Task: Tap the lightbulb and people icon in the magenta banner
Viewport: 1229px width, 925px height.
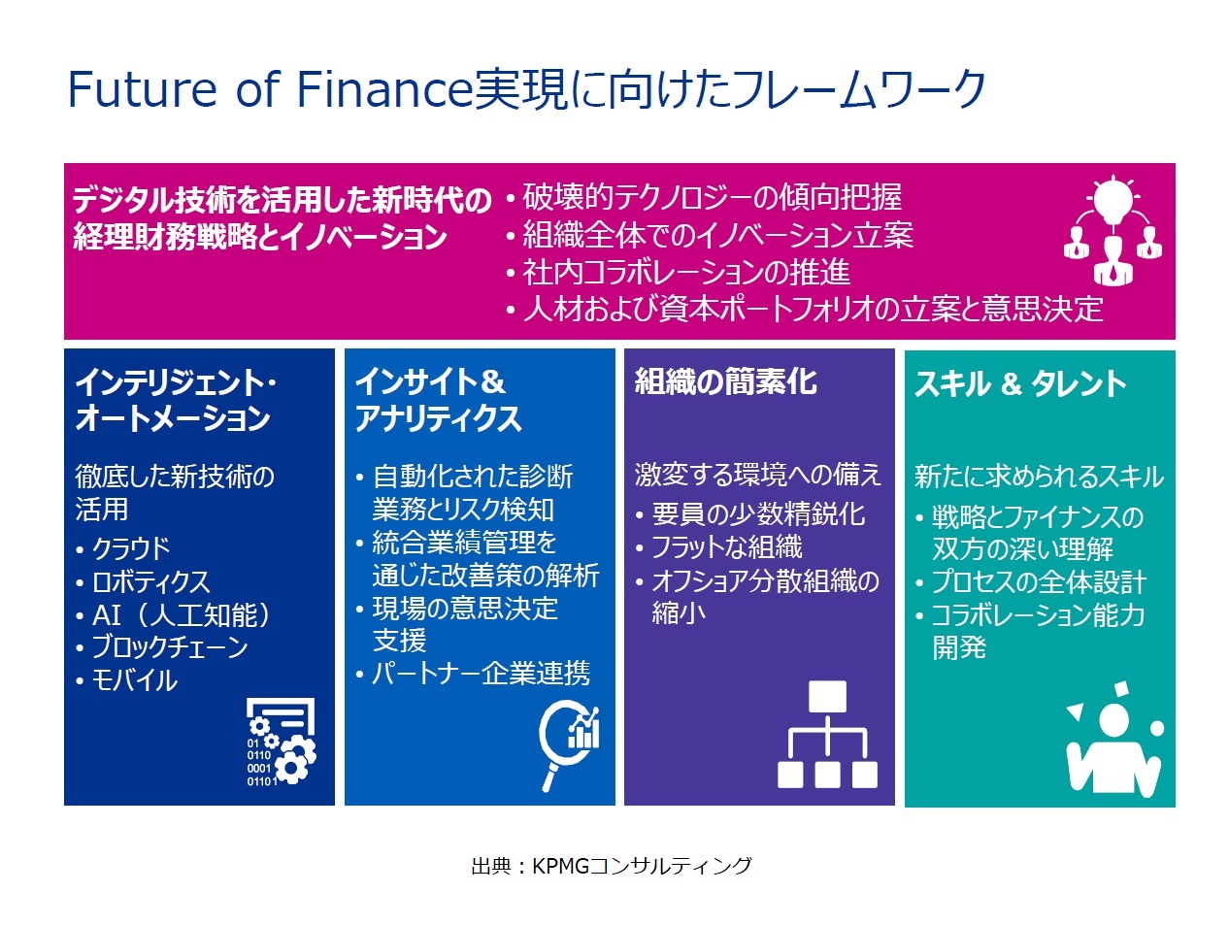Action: tap(1111, 231)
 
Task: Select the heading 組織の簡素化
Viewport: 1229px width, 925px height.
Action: tap(725, 381)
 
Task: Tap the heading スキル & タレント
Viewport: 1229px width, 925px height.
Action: tap(1019, 383)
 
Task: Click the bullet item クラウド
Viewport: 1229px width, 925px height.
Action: tap(130, 547)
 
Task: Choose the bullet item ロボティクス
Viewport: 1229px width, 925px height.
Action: tap(150, 581)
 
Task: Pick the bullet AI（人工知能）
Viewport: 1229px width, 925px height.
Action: tap(181, 614)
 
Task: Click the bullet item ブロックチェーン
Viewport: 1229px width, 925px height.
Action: tap(170, 646)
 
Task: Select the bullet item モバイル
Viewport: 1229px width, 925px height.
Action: tap(134, 680)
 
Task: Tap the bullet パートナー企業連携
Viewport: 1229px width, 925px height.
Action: tap(481, 673)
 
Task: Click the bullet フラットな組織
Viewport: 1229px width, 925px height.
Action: tap(727, 546)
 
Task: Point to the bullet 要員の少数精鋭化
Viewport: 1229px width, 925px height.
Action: tap(759, 514)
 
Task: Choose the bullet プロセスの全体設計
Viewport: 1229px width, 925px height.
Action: tap(1040, 582)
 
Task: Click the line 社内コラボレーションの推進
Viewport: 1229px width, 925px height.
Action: tap(686, 272)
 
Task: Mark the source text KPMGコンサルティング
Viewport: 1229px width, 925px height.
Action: tap(642, 866)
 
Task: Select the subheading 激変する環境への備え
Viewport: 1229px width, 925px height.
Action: tap(758, 475)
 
